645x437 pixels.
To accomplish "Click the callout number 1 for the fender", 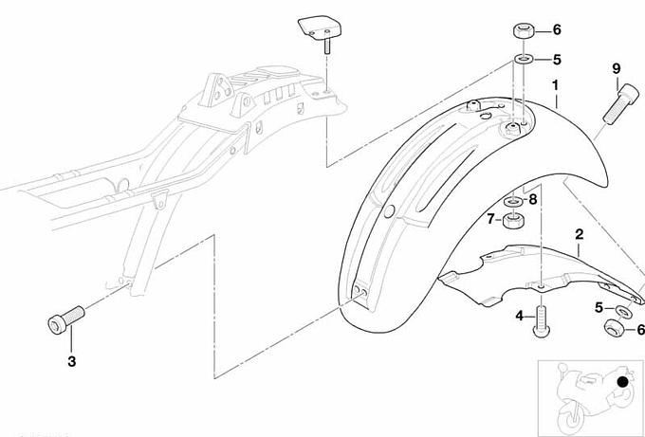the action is click(x=556, y=86).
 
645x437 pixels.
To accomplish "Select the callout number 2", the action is click(x=580, y=235).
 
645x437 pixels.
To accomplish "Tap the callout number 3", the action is click(x=71, y=361).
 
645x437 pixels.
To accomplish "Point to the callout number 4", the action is click(x=520, y=316).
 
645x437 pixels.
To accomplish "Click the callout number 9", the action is click(x=616, y=68).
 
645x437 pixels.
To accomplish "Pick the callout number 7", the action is click(x=490, y=219).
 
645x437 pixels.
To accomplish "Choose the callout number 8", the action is click(x=533, y=200).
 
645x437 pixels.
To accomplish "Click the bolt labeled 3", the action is click(x=66, y=319).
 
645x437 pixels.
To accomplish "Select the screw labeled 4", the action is click(x=542, y=322).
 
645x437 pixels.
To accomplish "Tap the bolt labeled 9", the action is click(x=621, y=103).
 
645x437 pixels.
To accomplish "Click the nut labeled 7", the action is click(x=513, y=221).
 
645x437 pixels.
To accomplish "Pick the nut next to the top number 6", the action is click(x=524, y=31).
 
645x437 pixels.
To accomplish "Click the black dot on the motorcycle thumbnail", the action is click(x=623, y=382).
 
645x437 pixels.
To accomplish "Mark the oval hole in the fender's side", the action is click(x=389, y=211).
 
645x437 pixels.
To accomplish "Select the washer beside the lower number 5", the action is click(x=625, y=311).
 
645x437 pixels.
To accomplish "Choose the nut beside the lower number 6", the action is click(x=615, y=327).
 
